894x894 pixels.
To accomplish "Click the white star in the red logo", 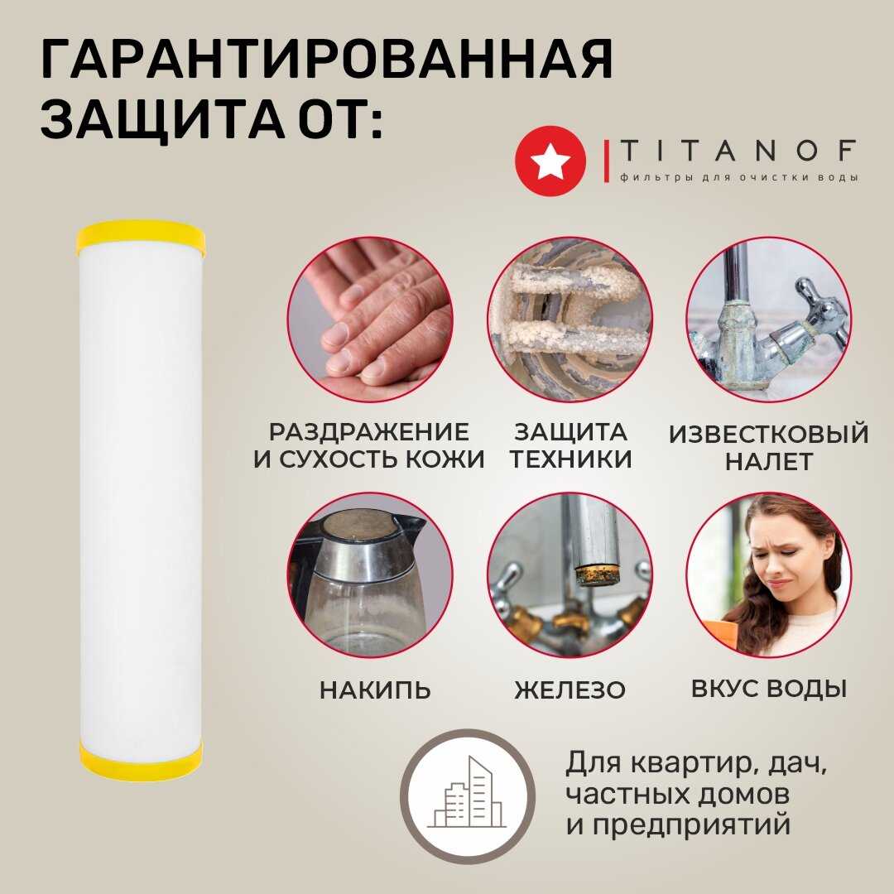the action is click(550, 161).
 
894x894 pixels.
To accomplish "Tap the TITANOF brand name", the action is click(738, 151).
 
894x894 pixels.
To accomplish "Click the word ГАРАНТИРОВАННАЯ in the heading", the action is click(327, 60).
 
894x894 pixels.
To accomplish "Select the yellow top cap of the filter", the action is click(140, 238).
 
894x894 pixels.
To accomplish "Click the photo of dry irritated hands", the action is click(370, 320).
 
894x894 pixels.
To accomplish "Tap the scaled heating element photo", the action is click(570, 320).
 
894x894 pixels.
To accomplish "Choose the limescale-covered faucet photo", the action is click(768, 320).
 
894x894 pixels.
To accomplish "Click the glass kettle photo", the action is click(370, 574).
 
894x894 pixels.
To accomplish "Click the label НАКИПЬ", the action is click(375, 690).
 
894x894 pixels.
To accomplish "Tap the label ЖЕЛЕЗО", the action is click(570, 690).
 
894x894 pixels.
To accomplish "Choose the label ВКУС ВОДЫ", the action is click(768, 688).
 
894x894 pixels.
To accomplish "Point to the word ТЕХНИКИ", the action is click(570, 459).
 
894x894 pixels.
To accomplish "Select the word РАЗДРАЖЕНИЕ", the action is click(369, 432).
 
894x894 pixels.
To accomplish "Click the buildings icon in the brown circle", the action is click(467, 793).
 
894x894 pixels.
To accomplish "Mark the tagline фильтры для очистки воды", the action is click(739, 177).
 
